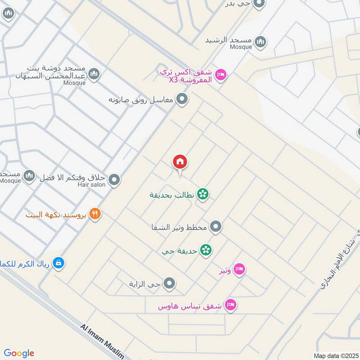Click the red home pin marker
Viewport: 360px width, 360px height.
[x=180, y=162]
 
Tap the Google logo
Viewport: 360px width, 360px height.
[x=19, y=353]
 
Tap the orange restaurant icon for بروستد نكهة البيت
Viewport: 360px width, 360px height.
[x=94, y=214]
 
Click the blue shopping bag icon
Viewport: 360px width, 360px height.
[x=58, y=263]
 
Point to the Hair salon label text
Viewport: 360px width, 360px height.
[x=91, y=184]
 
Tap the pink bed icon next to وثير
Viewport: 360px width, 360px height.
[x=239, y=270]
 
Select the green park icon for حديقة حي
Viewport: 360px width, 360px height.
[x=206, y=250]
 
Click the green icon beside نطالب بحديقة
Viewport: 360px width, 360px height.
[x=203, y=194]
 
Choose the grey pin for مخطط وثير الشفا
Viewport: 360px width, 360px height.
[x=216, y=227]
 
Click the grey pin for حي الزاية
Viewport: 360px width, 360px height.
[x=170, y=283]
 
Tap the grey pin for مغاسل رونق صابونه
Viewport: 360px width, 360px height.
[x=182, y=99]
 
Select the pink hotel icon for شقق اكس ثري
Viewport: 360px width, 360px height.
[x=220, y=74]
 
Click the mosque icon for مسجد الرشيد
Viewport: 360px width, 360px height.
[x=260, y=43]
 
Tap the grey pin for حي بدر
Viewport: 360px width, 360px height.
[x=258, y=4]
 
